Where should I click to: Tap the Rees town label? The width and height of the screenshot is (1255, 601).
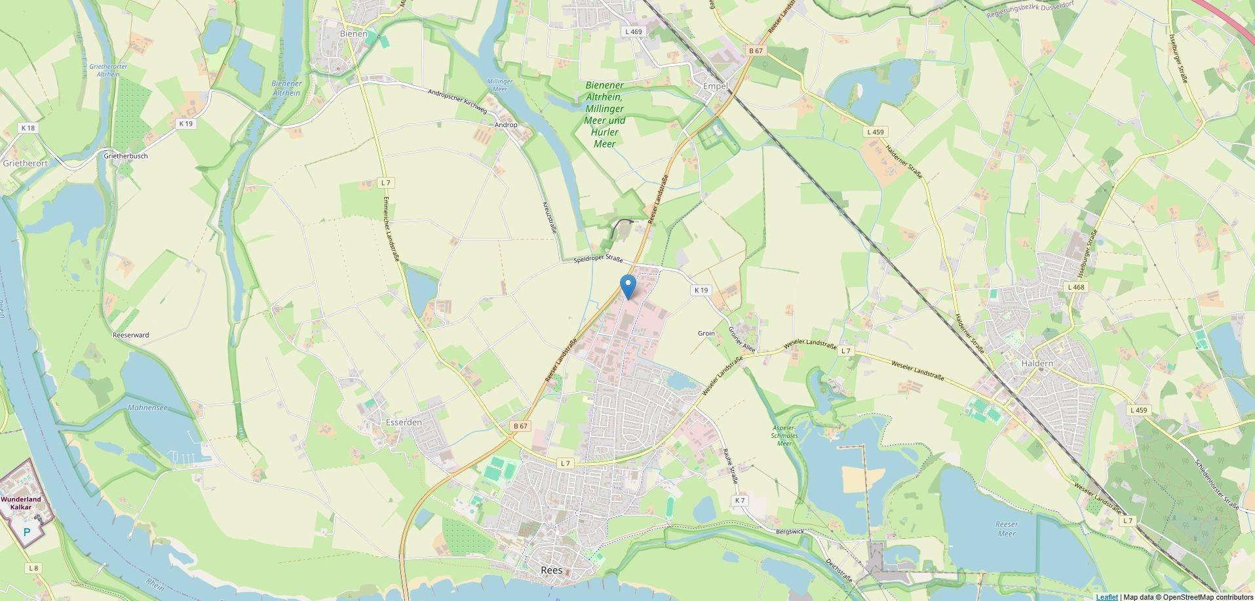click(551, 570)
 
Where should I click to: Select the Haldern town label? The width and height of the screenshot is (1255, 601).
click(1037, 363)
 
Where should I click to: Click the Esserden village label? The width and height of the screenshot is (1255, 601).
click(404, 423)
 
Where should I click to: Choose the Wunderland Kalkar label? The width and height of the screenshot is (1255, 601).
click(21, 503)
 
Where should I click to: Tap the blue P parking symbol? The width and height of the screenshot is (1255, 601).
click(27, 532)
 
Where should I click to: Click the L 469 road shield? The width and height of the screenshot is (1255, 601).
click(634, 31)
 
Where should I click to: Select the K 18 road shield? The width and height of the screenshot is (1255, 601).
click(28, 128)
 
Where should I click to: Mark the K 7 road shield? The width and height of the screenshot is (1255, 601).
click(739, 500)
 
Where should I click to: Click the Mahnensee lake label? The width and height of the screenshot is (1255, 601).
click(147, 408)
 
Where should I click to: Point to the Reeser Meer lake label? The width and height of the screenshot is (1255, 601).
click(1006, 529)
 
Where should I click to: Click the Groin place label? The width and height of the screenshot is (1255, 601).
click(706, 334)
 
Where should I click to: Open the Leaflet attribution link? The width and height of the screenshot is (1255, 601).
click(1107, 596)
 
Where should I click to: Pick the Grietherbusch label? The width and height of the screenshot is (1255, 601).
click(126, 156)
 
